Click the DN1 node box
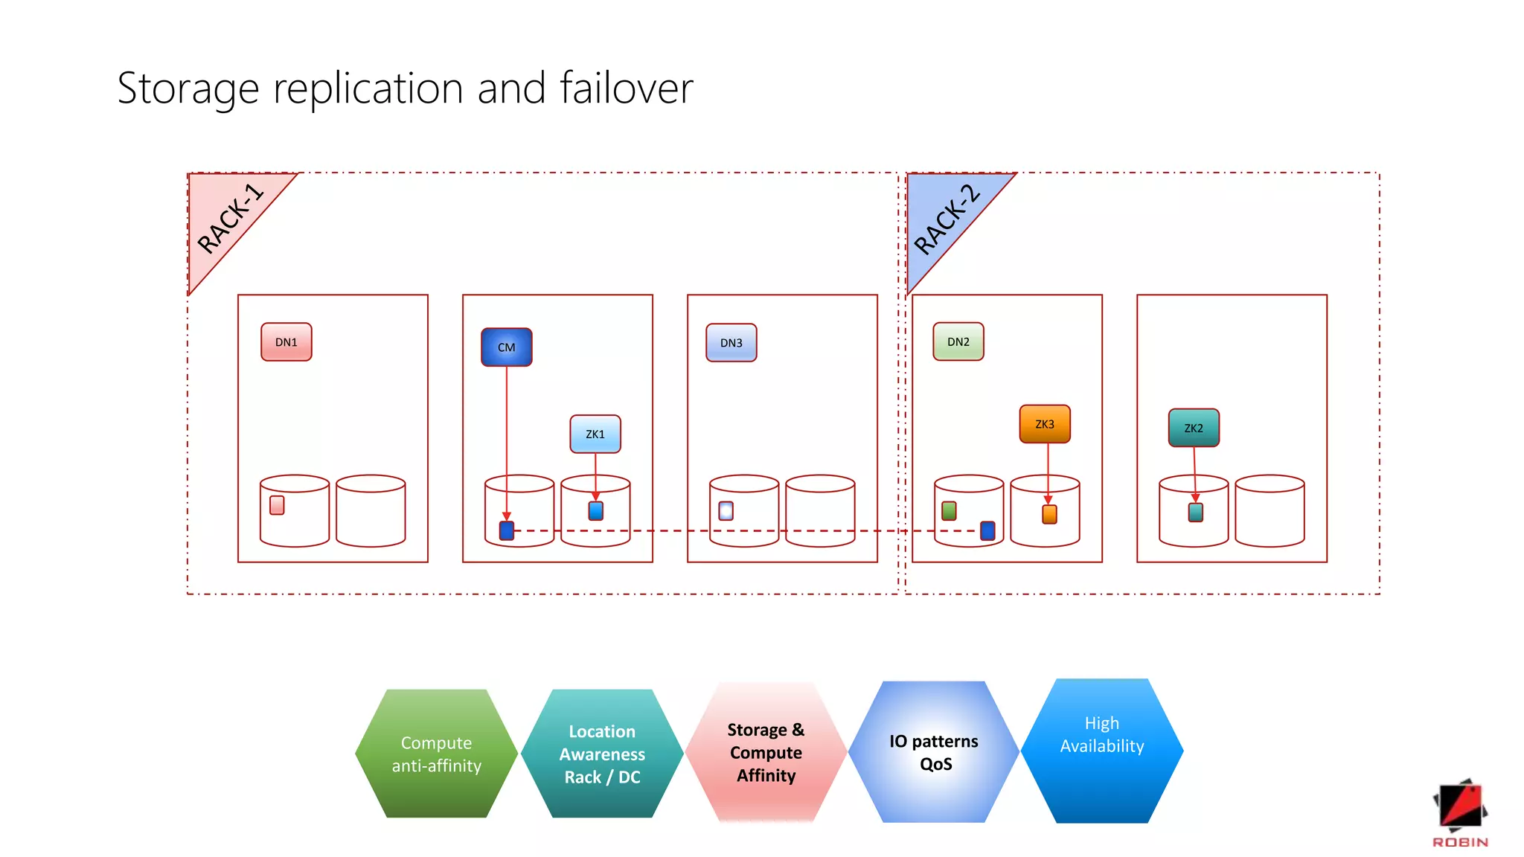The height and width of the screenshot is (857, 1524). (x=286, y=342)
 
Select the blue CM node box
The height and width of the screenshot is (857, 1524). (x=507, y=347)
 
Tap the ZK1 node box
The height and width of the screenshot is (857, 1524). (x=595, y=434)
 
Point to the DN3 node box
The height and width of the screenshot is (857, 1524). (x=731, y=343)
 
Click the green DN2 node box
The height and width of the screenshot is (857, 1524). (x=958, y=342)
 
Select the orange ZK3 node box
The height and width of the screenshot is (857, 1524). (x=1045, y=424)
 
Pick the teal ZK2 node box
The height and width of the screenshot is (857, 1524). (x=1194, y=428)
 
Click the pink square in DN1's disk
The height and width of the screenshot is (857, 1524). (x=277, y=505)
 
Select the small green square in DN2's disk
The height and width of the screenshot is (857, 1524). (x=949, y=510)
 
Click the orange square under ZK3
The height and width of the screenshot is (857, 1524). (x=1049, y=514)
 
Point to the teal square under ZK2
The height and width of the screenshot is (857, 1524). (x=1196, y=513)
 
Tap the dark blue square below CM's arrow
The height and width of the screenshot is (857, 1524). (x=507, y=530)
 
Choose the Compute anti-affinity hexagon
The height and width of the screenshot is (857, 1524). (x=437, y=754)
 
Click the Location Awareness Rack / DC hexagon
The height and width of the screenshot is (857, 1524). (x=602, y=754)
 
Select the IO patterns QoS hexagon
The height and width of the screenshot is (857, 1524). (x=935, y=752)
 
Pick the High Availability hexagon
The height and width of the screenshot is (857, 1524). (x=1102, y=750)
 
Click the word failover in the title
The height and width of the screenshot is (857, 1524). (x=626, y=88)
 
